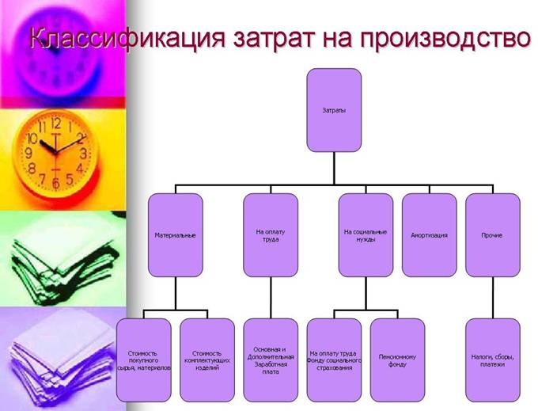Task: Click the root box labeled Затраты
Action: (x=334, y=110)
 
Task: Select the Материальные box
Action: (x=176, y=235)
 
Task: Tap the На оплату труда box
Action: (x=271, y=235)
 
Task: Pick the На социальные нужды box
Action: (x=366, y=235)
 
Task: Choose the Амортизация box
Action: (x=430, y=235)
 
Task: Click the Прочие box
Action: (x=493, y=235)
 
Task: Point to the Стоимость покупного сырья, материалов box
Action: (x=144, y=360)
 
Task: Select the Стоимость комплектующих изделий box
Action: (x=207, y=360)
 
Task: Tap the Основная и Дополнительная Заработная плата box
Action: (x=271, y=360)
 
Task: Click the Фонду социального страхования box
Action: (x=334, y=360)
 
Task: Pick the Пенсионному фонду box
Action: (x=398, y=360)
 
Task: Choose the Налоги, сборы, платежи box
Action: (x=493, y=360)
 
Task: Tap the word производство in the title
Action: (x=445, y=37)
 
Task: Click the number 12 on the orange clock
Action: (x=56, y=124)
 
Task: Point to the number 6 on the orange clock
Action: (x=56, y=184)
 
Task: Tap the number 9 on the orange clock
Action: (x=28, y=153)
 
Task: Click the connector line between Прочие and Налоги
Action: (x=493, y=298)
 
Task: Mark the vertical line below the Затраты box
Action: (x=334, y=169)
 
